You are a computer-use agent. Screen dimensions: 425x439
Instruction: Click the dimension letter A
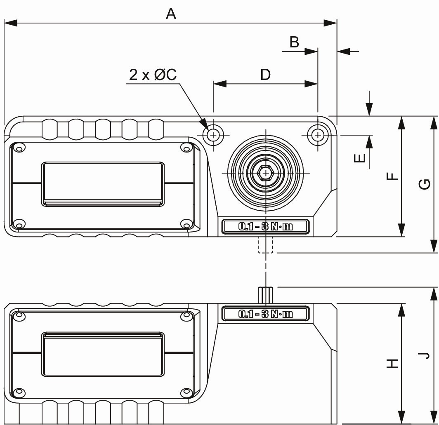(x=171, y=14)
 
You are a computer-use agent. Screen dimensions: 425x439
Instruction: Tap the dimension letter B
(x=294, y=42)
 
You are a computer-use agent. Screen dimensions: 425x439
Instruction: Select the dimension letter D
(x=265, y=75)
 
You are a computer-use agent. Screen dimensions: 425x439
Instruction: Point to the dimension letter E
(x=360, y=157)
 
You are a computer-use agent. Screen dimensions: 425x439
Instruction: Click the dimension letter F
(x=392, y=176)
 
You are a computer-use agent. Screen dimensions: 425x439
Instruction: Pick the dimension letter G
(x=425, y=184)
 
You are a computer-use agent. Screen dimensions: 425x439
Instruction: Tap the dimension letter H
(x=392, y=363)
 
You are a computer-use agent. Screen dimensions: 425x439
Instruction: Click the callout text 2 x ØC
(x=153, y=75)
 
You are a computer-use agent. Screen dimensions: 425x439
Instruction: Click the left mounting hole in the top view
(x=213, y=134)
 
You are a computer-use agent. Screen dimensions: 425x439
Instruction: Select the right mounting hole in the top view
(x=317, y=134)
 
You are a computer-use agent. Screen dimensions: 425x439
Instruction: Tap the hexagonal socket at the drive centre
(x=266, y=173)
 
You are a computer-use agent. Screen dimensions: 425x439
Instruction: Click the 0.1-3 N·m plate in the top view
(x=265, y=227)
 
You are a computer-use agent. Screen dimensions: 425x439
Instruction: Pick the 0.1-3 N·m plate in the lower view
(x=265, y=314)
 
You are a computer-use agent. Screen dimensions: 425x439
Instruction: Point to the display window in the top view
(x=103, y=183)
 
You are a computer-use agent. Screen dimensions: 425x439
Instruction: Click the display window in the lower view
(x=103, y=355)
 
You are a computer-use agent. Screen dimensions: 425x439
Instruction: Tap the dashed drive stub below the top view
(x=266, y=244)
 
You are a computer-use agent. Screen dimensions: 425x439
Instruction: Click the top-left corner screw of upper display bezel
(x=18, y=147)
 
